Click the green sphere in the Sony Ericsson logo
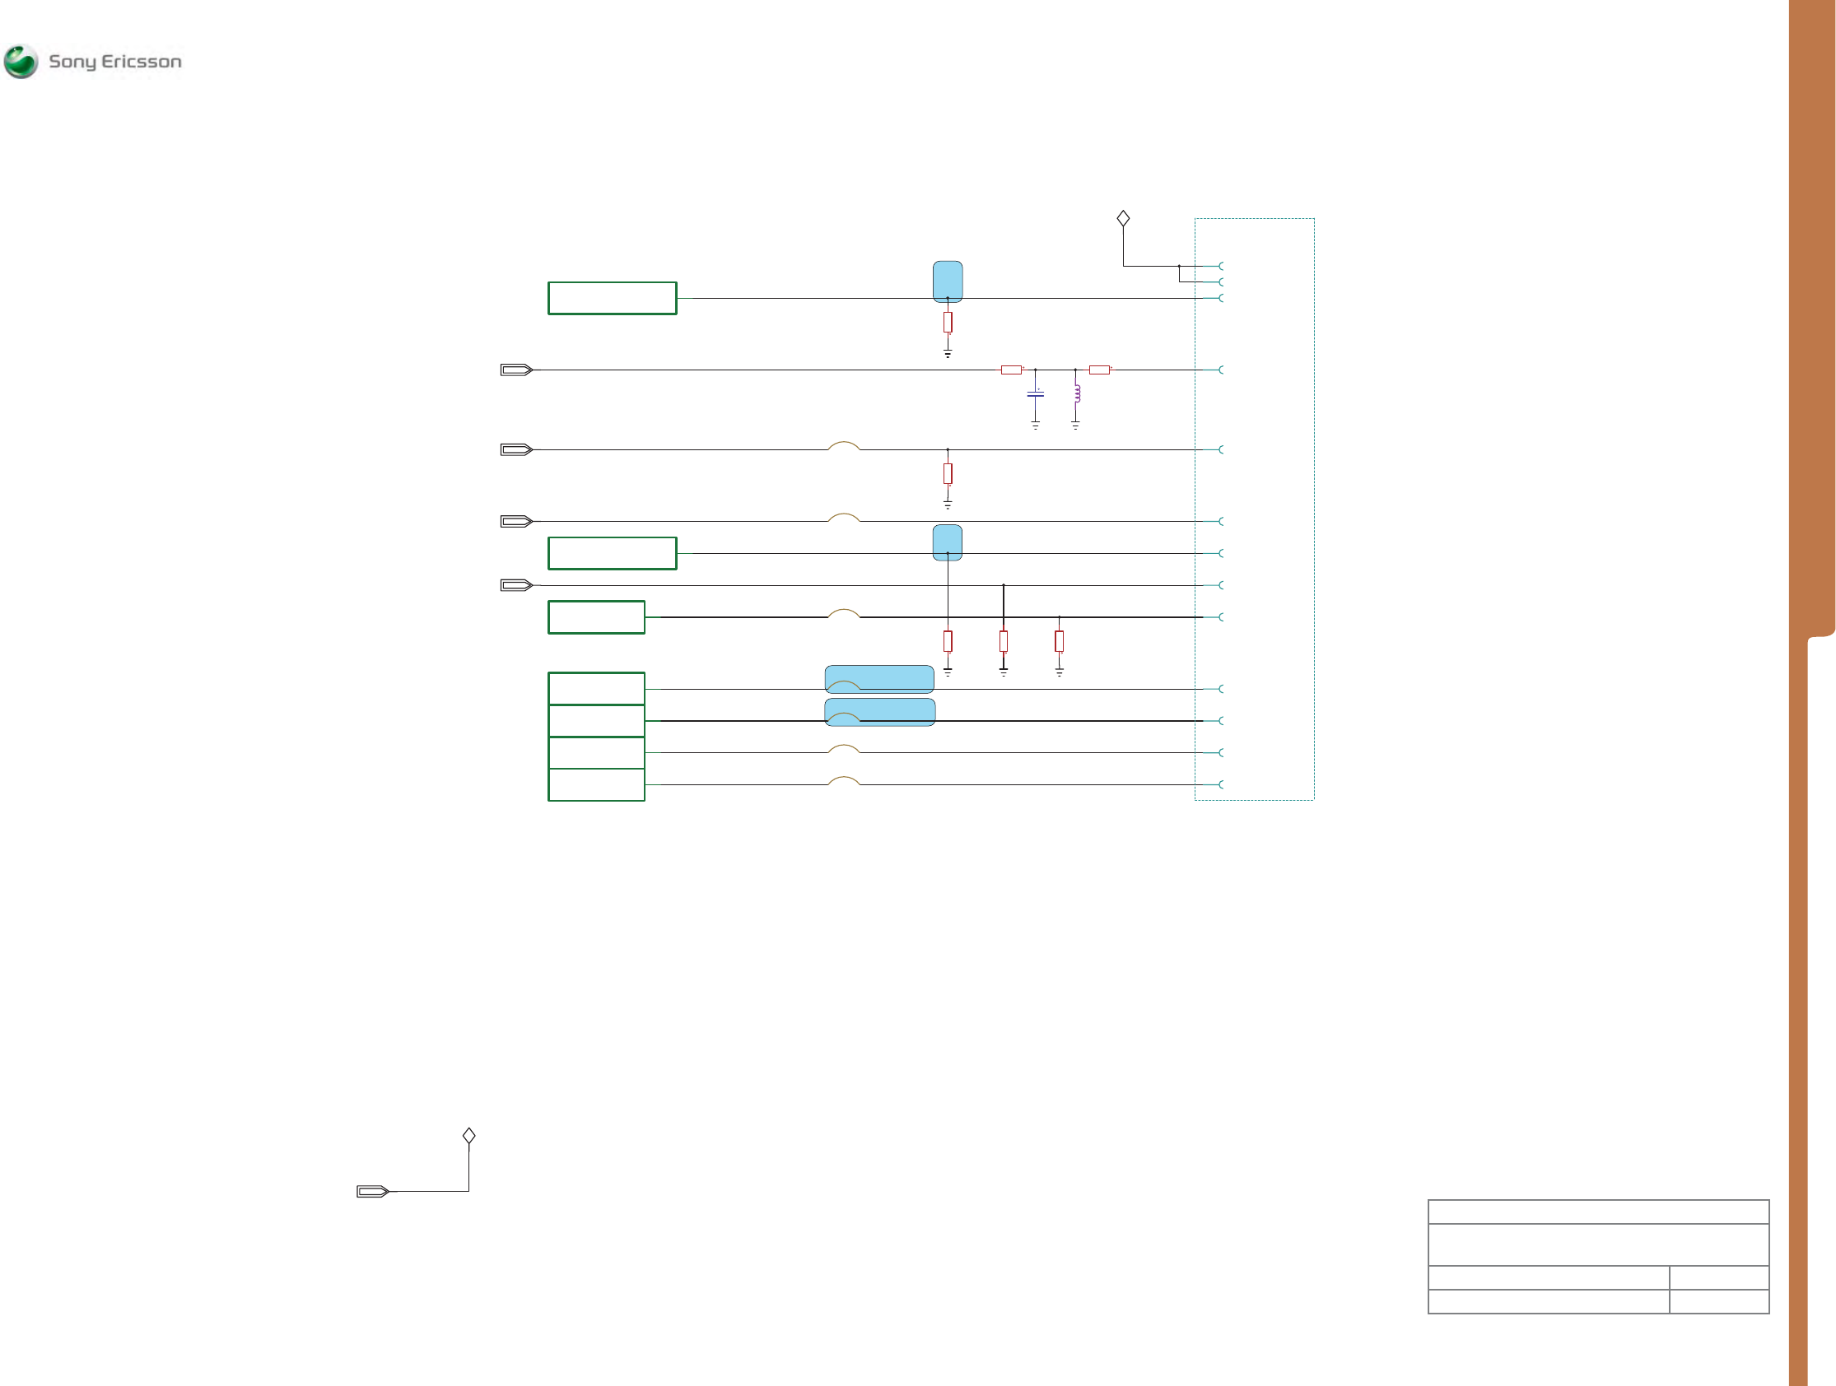click(x=21, y=62)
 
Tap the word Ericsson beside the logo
click(x=141, y=62)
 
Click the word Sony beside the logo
click(x=72, y=63)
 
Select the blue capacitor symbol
click(x=1035, y=393)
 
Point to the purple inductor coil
click(x=1077, y=393)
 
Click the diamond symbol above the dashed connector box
click(x=1123, y=218)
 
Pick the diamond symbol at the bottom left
click(x=469, y=1135)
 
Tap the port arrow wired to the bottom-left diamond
click(x=373, y=1192)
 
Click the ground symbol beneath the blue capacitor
click(x=1035, y=425)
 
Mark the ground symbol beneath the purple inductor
click(x=1075, y=425)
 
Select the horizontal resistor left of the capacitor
click(x=1011, y=370)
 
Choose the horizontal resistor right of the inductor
click(x=1099, y=370)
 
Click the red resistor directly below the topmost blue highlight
click(x=947, y=322)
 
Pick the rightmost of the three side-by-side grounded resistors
click(x=1059, y=640)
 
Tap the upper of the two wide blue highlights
click(x=879, y=679)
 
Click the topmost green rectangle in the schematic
click(x=612, y=298)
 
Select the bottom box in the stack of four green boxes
click(x=596, y=785)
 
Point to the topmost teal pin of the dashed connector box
click(x=1219, y=266)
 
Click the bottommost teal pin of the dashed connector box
click(x=1219, y=784)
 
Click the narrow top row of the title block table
click(x=1598, y=1212)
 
